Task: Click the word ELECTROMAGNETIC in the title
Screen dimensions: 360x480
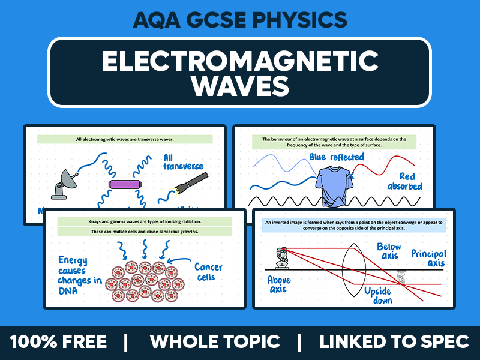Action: [x=239, y=61]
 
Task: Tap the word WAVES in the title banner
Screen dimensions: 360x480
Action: [x=239, y=85]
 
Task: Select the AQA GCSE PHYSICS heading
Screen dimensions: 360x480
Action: [x=239, y=20]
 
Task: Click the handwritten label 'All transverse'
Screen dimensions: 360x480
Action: [x=183, y=161]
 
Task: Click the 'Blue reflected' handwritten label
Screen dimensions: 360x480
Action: [x=336, y=157]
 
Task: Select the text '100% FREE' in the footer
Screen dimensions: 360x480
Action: [x=58, y=342]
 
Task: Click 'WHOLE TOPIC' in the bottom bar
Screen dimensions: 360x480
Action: [x=215, y=342]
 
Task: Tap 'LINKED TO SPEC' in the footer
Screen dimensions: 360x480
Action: [x=394, y=342]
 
